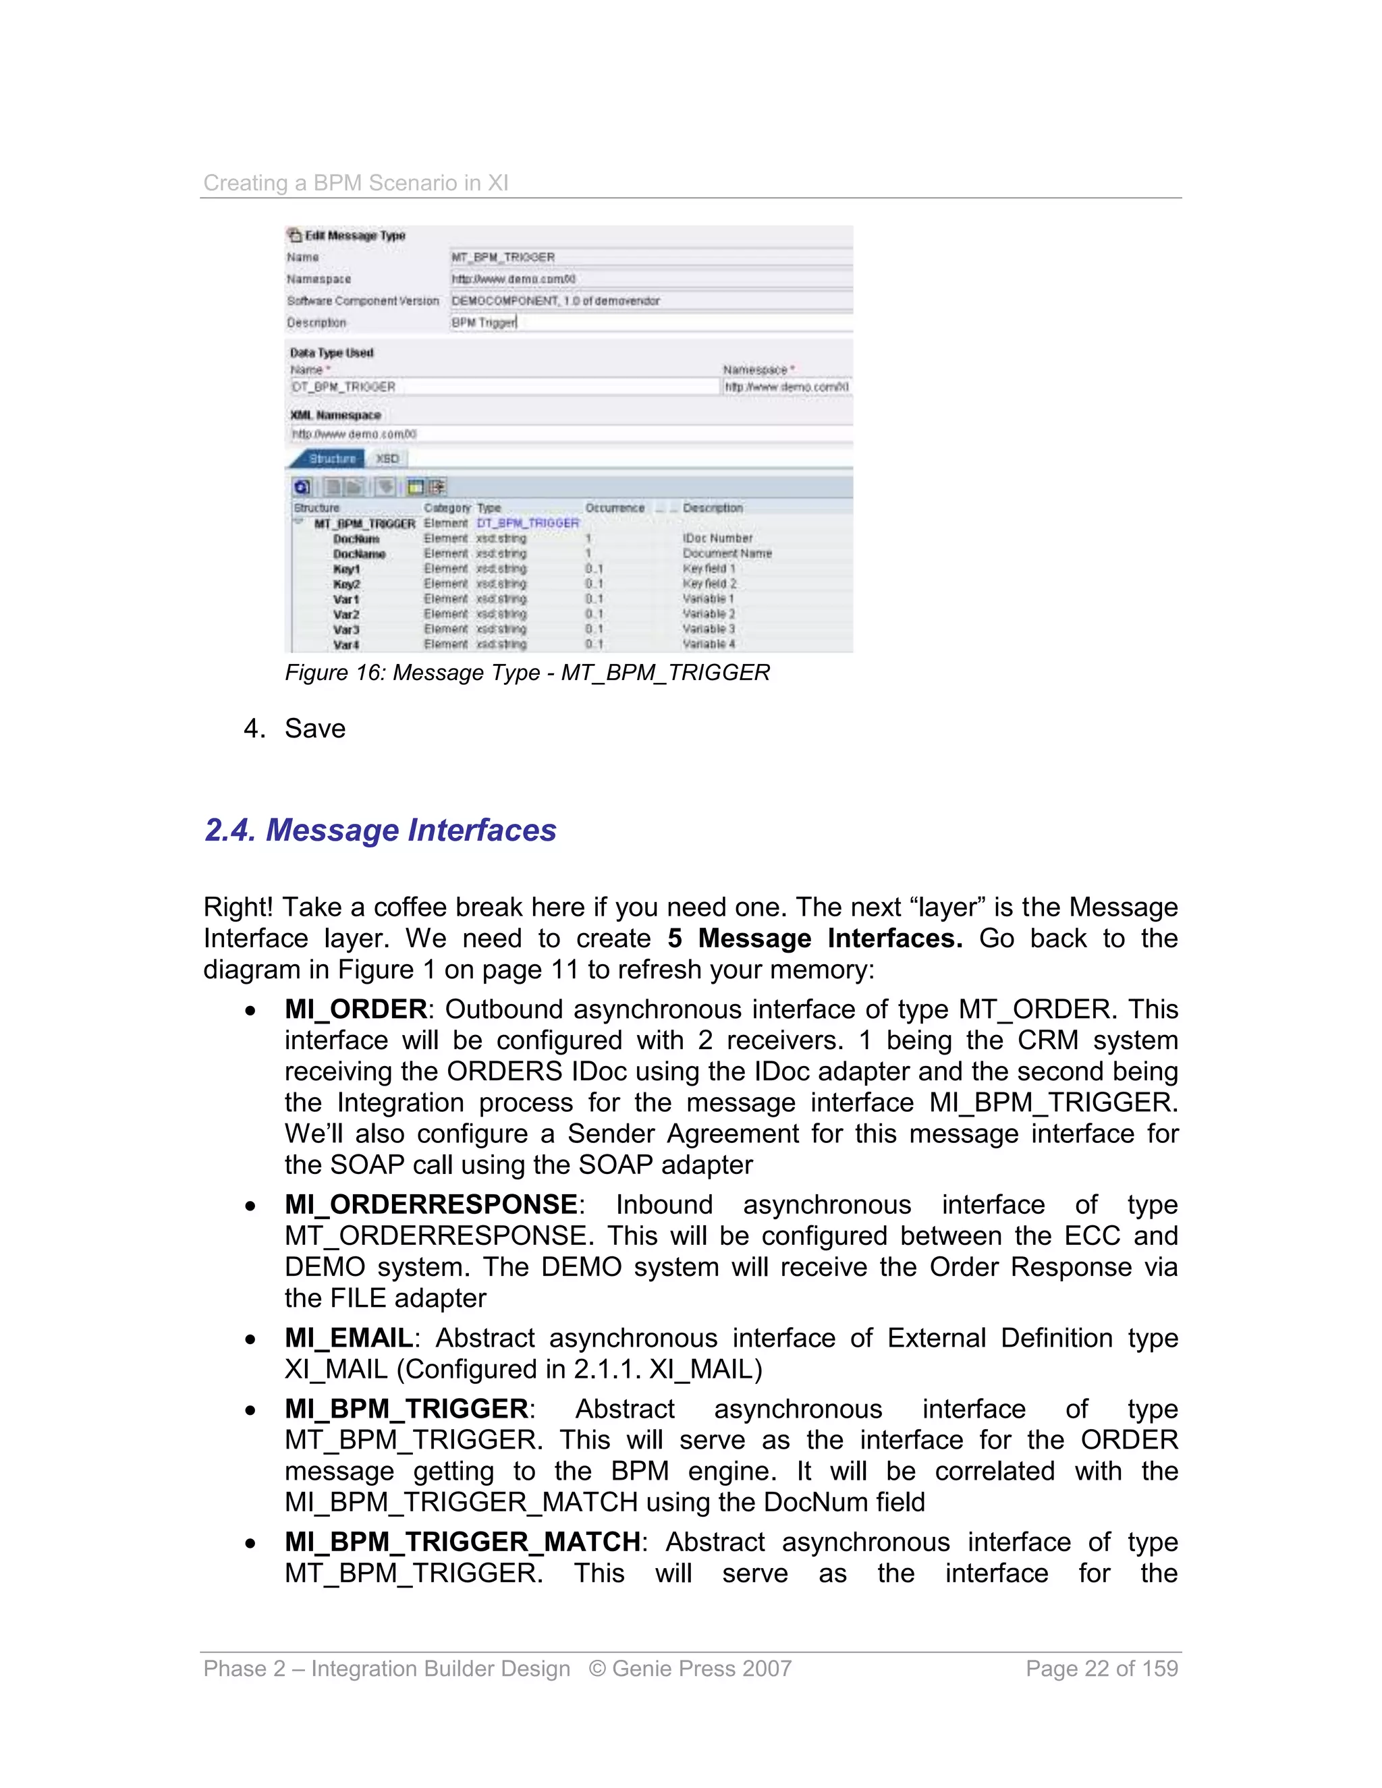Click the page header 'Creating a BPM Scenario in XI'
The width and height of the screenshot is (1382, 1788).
[x=356, y=183]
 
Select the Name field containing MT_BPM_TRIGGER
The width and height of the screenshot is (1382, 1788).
[x=650, y=257]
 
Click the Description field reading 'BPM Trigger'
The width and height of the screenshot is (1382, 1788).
[x=650, y=323]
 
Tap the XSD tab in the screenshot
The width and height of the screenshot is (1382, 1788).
[x=387, y=458]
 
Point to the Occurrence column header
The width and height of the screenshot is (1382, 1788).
[x=614, y=507]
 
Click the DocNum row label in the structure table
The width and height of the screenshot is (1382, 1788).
[x=356, y=538]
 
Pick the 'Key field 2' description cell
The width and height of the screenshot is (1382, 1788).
[x=709, y=584]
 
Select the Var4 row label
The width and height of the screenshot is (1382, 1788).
[x=345, y=645]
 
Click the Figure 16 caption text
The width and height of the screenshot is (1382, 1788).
[x=527, y=673]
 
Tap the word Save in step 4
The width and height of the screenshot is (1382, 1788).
[x=314, y=729]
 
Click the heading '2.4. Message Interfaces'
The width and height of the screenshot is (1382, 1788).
[x=380, y=830]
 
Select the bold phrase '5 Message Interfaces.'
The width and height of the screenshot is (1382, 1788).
[x=814, y=939]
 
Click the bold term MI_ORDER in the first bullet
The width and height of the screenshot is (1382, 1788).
[x=356, y=1009]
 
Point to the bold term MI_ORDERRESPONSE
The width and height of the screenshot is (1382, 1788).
[x=431, y=1205]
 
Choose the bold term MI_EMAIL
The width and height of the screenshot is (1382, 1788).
[x=349, y=1339]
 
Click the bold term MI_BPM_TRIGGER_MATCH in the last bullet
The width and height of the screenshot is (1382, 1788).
[x=462, y=1542]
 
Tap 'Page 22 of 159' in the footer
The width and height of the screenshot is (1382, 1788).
[x=1101, y=1669]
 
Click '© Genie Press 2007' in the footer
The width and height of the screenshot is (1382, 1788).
[x=690, y=1669]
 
